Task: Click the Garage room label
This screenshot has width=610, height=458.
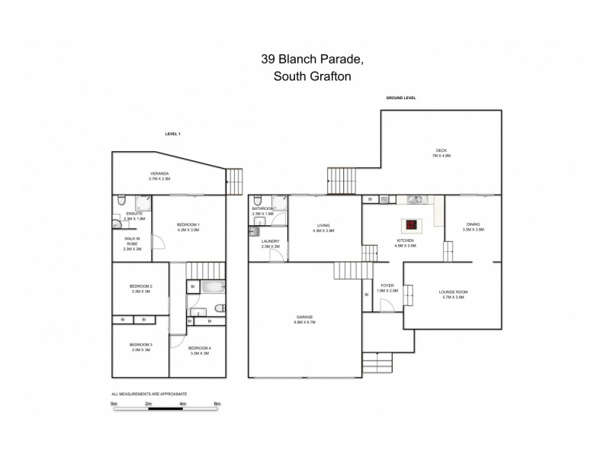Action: (x=305, y=318)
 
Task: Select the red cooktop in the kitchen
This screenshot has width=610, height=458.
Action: (x=411, y=224)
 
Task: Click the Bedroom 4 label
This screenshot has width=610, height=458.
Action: (x=199, y=350)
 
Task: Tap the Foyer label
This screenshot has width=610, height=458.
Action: (x=388, y=288)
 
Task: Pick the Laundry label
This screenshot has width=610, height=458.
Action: (x=271, y=243)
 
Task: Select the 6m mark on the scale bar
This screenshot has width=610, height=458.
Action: (x=217, y=403)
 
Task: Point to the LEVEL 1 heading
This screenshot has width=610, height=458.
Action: (x=172, y=134)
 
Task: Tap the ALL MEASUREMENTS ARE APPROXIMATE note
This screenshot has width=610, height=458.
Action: (x=149, y=394)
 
